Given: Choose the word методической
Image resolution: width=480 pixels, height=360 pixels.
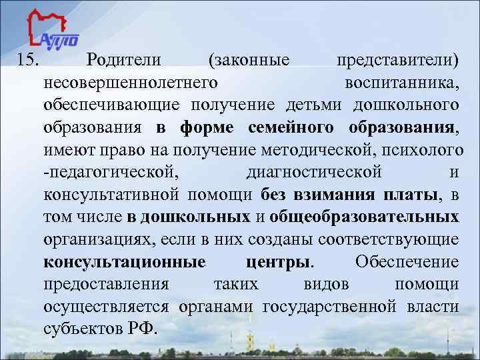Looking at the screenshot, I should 320,150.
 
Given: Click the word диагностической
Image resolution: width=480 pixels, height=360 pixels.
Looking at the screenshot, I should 314,172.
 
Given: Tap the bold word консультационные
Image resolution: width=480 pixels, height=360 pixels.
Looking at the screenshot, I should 125,261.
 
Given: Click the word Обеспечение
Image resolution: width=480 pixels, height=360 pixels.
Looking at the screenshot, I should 407,261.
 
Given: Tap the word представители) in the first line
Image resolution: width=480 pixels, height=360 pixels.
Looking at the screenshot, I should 397,61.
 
